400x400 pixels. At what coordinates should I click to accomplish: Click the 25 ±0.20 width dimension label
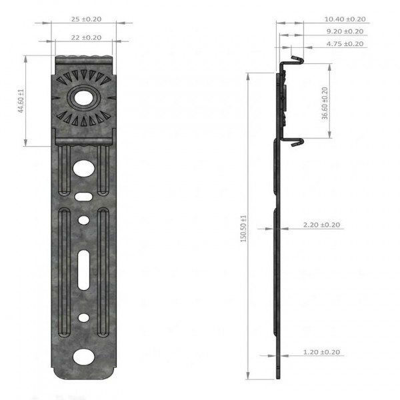(x=86, y=19)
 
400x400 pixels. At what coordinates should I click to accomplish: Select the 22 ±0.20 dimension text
(x=86, y=37)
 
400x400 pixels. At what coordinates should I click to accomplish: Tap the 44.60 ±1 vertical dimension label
(x=21, y=101)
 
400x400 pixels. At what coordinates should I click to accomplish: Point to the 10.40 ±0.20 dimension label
(x=345, y=19)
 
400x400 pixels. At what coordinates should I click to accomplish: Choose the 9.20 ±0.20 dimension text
(x=345, y=31)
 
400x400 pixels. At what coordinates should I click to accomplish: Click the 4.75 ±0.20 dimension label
(x=345, y=44)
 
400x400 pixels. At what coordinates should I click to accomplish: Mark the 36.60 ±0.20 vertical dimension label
(x=325, y=103)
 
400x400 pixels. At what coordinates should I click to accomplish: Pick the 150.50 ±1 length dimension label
(x=243, y=229)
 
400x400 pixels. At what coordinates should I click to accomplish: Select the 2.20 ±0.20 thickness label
(x=321, y=225)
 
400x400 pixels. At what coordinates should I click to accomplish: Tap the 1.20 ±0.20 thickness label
(x=321, y=352)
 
